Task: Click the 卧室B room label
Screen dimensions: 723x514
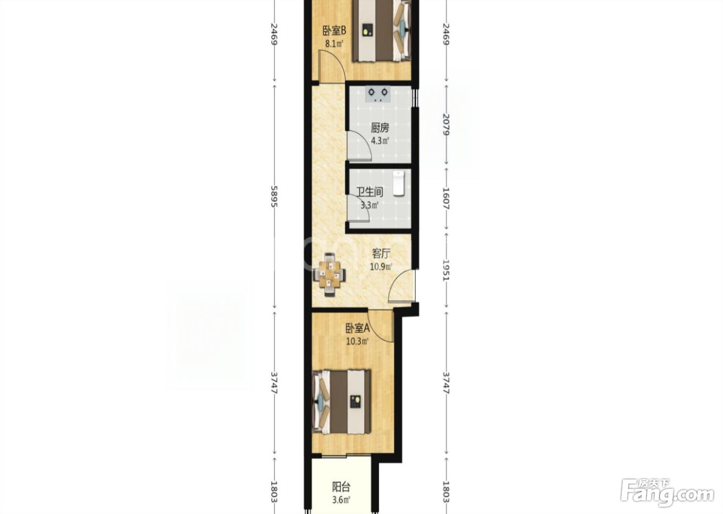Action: pos(335,31)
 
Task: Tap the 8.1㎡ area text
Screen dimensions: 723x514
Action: pos(334,44)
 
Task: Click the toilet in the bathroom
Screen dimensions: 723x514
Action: pos(399,183)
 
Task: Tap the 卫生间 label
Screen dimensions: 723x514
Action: pos(370,192)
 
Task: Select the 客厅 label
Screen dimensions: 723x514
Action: pos(381,254)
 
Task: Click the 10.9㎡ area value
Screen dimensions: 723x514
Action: pos(381,267)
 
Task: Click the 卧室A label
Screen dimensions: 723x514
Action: pos(357,329)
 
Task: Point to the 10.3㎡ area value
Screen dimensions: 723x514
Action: pos(357,341)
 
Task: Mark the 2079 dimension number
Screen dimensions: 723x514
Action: pos(446,124)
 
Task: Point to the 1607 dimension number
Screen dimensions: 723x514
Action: pos(446,198)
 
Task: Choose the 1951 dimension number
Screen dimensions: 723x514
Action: pos(446,269)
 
